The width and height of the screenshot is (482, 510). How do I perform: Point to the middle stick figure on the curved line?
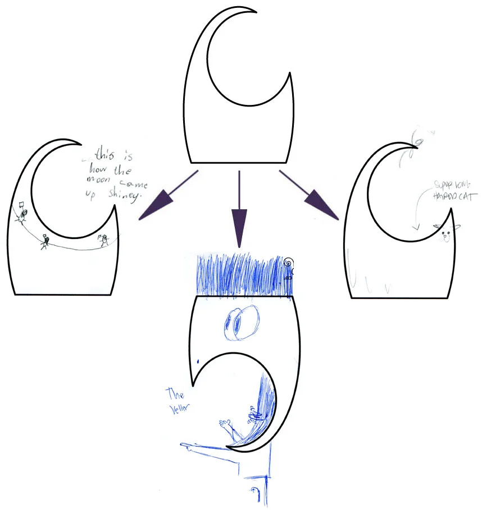coord(45,242)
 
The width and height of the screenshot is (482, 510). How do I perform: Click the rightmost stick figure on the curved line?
coord(103,240)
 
